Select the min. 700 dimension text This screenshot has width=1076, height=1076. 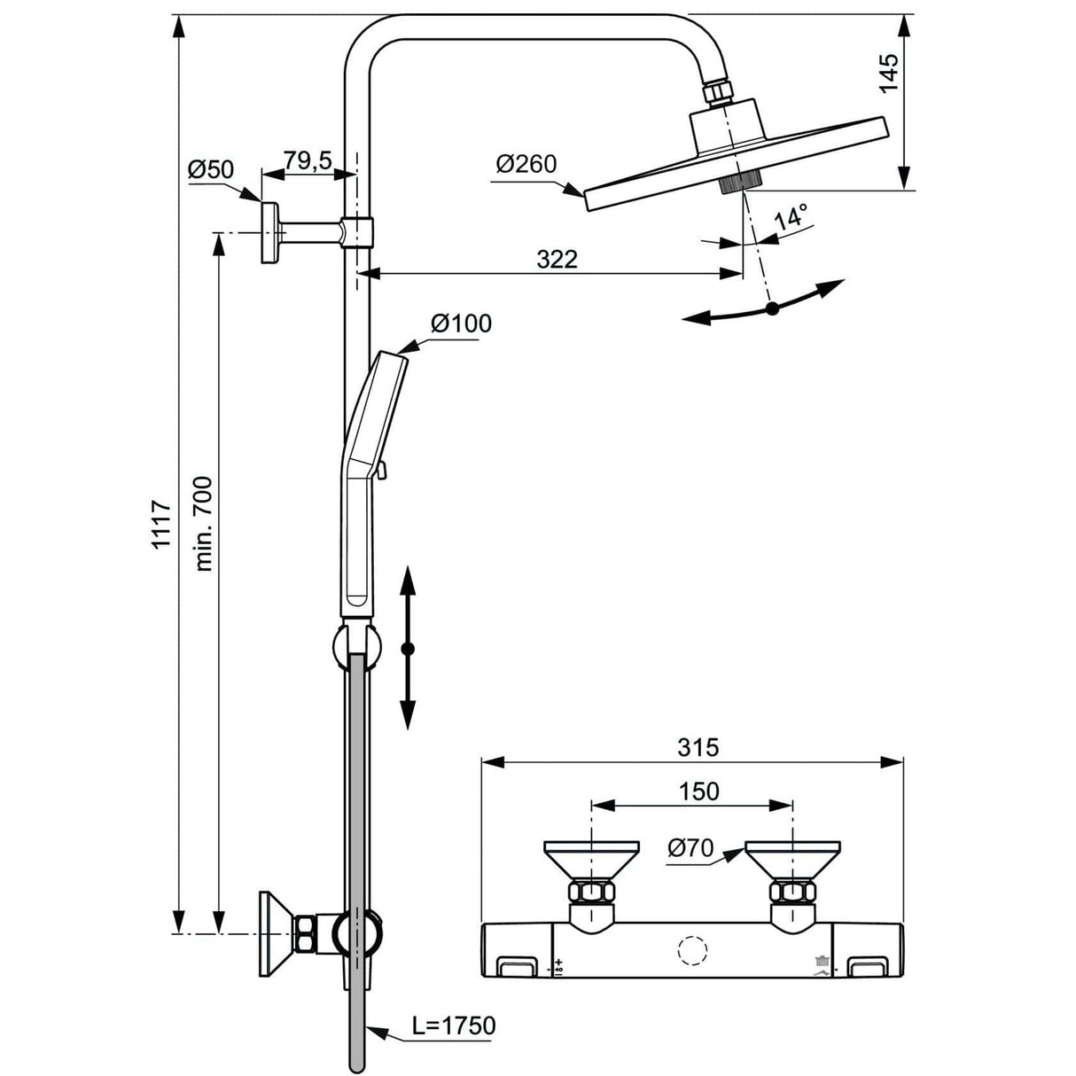point(203,524)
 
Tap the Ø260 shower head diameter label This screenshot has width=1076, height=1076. point(526,164)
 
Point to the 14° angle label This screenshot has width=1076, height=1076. point(791,218)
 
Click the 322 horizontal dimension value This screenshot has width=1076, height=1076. point(557,259)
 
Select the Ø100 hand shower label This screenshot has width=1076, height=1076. point(461,324)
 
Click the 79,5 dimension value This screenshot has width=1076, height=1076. point(308,160)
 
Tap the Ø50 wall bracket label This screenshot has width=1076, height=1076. point(211,169)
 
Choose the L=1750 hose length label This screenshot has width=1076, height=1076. point(454,1026)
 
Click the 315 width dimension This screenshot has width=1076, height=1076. point(698,747)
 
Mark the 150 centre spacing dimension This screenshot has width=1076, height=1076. point(698,791)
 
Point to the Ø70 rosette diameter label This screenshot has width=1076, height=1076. point(690,848)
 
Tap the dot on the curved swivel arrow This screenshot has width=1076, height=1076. point(772,308)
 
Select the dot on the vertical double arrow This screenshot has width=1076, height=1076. point(408,650)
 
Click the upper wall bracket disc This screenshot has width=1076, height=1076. point(269,232)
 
